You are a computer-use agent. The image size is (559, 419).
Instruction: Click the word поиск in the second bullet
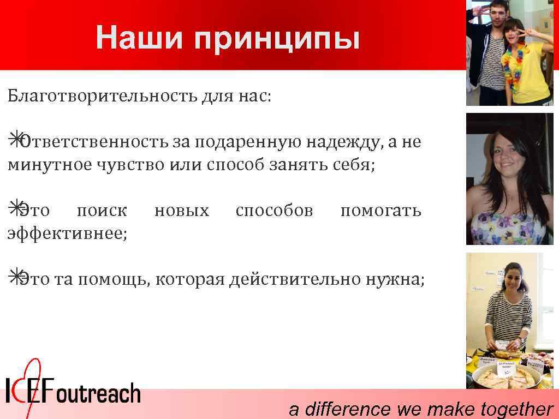[x=102, y=210]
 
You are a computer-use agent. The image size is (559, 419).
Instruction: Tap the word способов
[x=274, y=210]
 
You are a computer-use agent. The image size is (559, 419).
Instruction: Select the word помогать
[x=380, y=210]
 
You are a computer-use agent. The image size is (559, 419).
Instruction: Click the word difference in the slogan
[x=347, y=409]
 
